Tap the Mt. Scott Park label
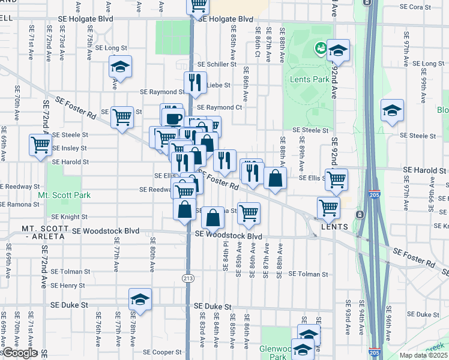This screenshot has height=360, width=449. tap(64, 196)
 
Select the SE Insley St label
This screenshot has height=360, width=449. tap(70, 148)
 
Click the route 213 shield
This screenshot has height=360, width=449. tap(188, 277)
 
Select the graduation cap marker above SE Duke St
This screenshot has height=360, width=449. tap(140, 298)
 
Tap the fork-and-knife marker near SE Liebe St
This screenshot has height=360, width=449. tap(195, 82)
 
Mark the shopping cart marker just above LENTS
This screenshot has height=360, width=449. tap(329, 207)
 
